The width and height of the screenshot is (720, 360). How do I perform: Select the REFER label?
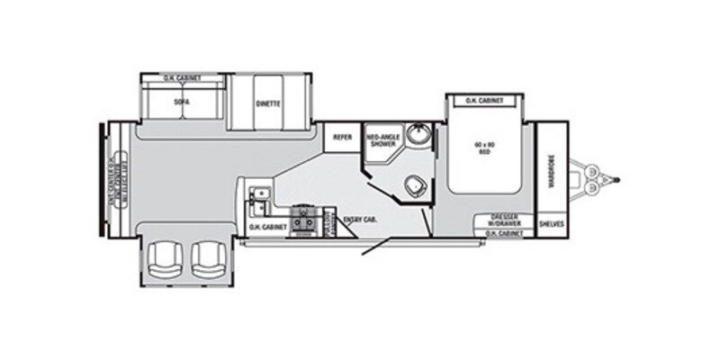pyautogui.click(x=342, y=137)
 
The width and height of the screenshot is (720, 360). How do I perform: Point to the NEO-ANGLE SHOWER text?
pyautogui.click(x=381, y=140)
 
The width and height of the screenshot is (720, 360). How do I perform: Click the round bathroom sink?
pyautogui.click(x=416, y=137)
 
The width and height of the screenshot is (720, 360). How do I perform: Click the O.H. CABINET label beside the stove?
pyautogui.click(x=268, y=228)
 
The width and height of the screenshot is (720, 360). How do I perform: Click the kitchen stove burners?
pyautogui.click(x=306, y=218)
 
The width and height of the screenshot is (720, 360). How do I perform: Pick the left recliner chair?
pyautogui.click(x=166, y=261)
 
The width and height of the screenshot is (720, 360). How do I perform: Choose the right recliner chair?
pyautogui.click(x=206, y=261)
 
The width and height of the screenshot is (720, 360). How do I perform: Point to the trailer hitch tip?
pyautogui.click(x=620, y=177)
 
